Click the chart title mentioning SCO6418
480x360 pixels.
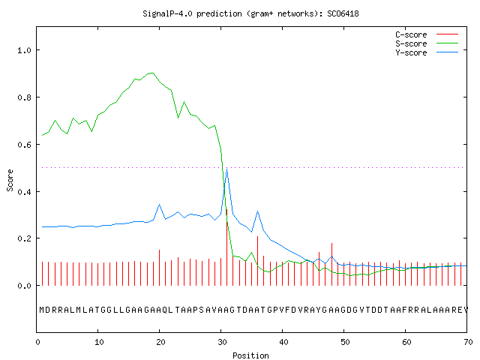point(250,13)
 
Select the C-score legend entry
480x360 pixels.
point(427,34)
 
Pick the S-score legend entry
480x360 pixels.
point(427,43)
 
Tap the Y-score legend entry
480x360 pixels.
point(427,52)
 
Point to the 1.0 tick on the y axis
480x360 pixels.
point(24,50)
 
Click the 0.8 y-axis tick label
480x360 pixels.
point(24,97)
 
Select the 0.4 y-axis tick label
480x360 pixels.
point(24,192)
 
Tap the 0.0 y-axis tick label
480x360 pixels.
point(24,286)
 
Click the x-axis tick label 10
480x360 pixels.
point(99,342)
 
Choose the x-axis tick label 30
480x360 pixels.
point(222,342)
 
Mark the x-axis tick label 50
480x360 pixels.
point(345,342)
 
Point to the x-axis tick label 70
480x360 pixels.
point(468,342)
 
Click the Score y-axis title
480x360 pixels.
point(10,180)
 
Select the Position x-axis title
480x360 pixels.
point(250,355)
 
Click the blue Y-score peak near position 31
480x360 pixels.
point(226,169)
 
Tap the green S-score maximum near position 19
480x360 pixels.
point(153,73)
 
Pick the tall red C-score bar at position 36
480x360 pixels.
point(258,261)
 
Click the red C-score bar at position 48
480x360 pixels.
point(331,264)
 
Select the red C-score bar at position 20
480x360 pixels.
point(159,268)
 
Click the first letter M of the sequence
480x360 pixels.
point(42,310)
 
